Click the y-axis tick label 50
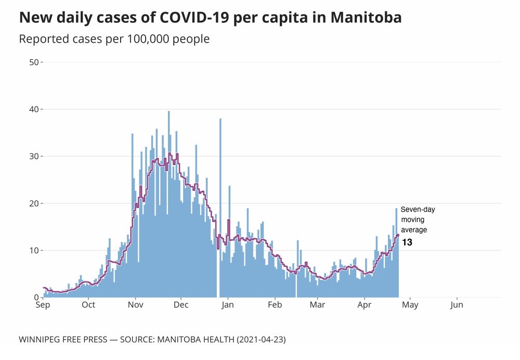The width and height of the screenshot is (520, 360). pyautogui.click(x=34, y=62)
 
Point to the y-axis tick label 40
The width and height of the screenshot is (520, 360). pyautogui.click(x=34, y=109)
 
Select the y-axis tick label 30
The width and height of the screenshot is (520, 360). pyautogui.click(x=34, y=156)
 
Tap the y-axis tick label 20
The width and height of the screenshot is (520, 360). pyautogui.click(x=34, y=203)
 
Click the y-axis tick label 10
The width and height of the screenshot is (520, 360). pyautogui.click(x=34, y=250)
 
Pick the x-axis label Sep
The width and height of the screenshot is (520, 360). pyautogui.click(x=43, y=305)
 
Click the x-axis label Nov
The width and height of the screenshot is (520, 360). pyautogui.click(x=135, y=305)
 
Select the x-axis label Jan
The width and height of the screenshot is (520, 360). pyautogui.click(x=228, y=305)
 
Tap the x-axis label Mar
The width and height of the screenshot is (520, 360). pyautogui.click(x=317, y=305)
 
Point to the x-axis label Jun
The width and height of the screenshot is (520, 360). pyautogui.click(x=457, y=305)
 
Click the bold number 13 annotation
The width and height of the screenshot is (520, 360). pyautogui.click(x=407, y=242)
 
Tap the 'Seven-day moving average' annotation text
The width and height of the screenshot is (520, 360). pyautogui.click(x=417, y=220)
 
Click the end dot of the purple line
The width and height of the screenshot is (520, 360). pyautogui.click(x=398, y=235)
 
